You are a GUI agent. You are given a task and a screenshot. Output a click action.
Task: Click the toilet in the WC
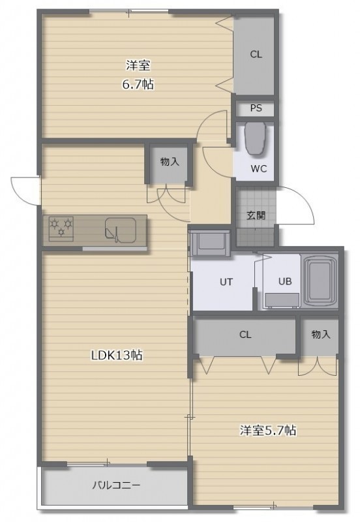[x=255, y=138]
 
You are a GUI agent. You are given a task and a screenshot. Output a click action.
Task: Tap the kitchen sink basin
[x=121, y=230]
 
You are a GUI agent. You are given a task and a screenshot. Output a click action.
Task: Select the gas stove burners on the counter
[x=61, y=228]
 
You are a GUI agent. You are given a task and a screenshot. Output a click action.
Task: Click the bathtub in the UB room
[x=320, y=279]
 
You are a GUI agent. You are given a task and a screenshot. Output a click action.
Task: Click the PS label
[x=256, y=108]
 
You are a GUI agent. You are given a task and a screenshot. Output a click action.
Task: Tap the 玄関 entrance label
[x=256, y=215]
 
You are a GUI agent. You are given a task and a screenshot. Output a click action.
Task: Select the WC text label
[x=258, y=169]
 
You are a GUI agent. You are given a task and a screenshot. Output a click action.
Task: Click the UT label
[x=226, y=282]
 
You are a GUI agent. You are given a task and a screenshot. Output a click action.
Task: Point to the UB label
[x=285, y=282]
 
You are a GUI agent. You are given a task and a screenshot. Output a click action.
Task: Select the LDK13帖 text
[x=117, y=355]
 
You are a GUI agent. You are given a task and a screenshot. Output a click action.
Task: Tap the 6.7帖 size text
[x=138, y=85]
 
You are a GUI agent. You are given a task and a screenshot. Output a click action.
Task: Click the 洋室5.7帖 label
[x=268, y=431]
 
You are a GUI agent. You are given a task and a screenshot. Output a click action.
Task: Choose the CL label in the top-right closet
[x=256, y=54]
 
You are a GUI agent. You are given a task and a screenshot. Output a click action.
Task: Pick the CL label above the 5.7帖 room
[x=245, y=335]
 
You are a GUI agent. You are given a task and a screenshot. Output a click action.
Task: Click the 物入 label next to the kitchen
[x=170, y=162]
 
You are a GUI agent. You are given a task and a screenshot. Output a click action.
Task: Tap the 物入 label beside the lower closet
[x=321, y=334]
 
